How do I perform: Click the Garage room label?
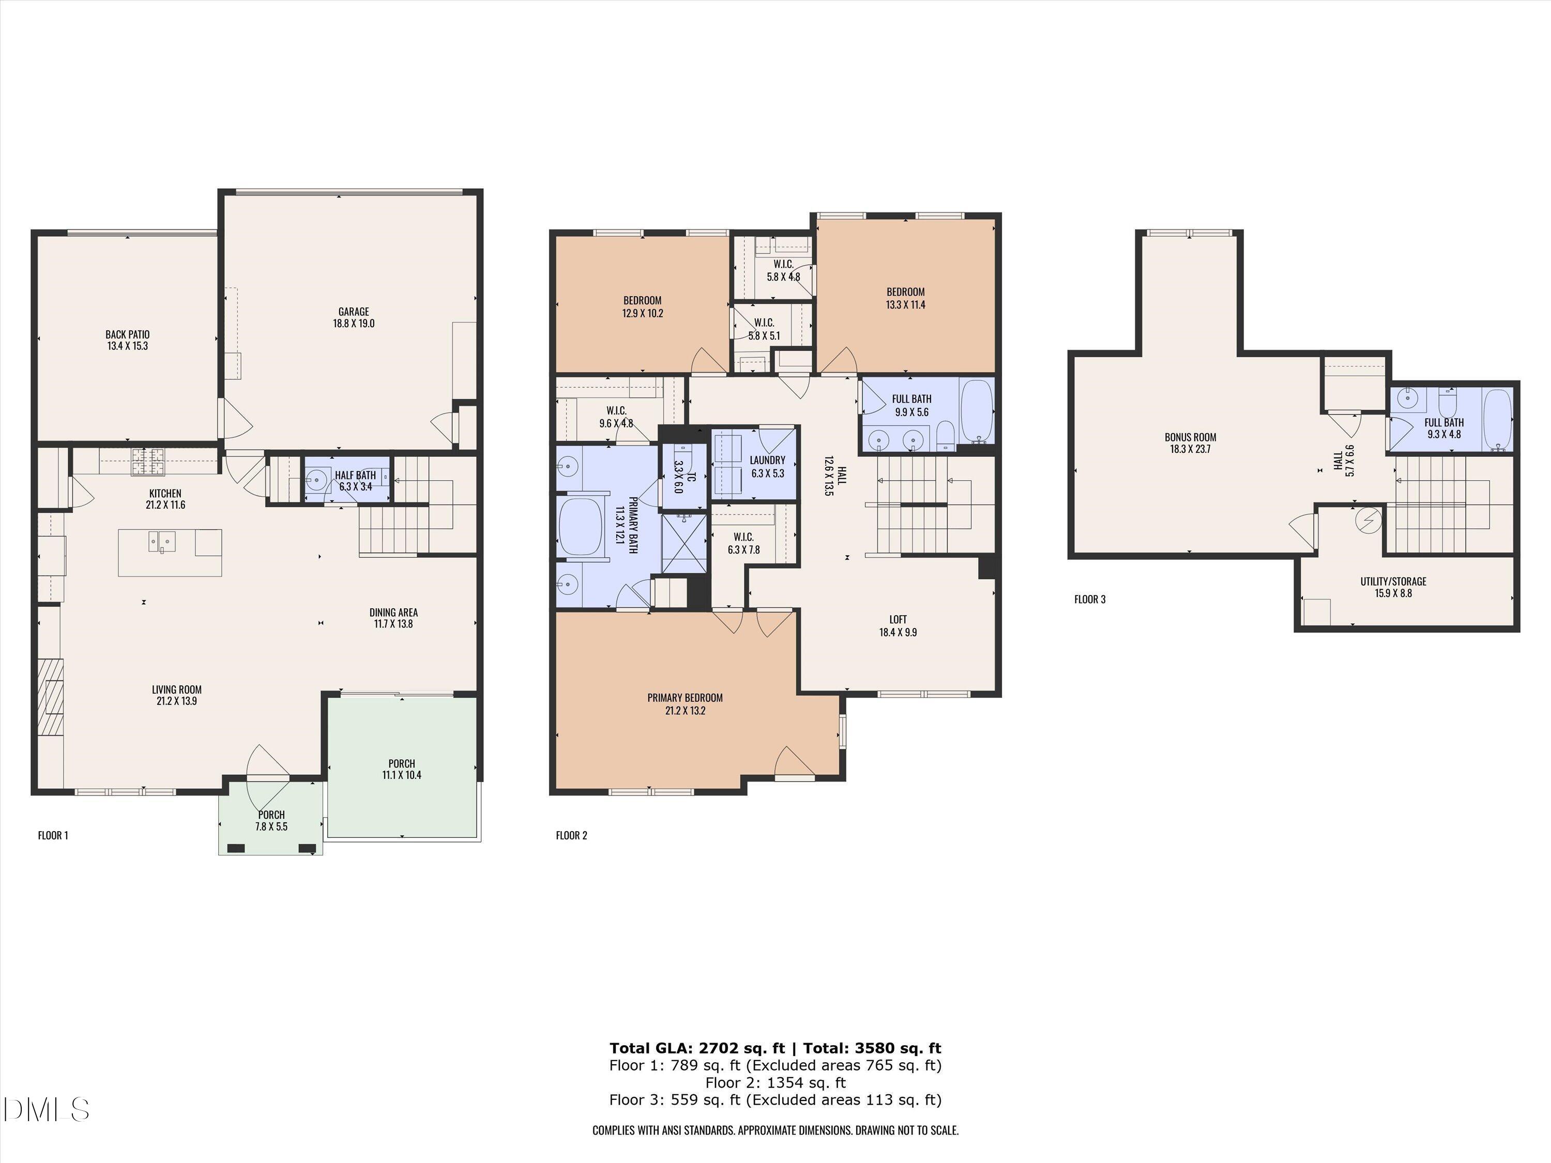pyautogui.click(x=354, y=311)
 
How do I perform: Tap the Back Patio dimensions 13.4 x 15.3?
pyautogui.click(x=128, y=346)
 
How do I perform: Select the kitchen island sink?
pyautogui.click(x=162, y=541)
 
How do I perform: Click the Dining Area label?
pyautogui.click(x=393, y=612)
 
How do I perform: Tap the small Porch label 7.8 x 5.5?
pyautogui.click(x=271, y=821)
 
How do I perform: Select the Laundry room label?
pyautogui.click(x=767, y=460)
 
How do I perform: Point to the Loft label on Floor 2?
pyautogui.click(x=898, y=619)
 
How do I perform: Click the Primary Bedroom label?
pyautogui.click(x=685, y=697)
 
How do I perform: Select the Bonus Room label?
pyautogui.click(x=1190, y=437)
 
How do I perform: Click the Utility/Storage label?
pyautogui.click(x=1392, y=581)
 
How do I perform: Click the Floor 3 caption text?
pyautogui.click(x=1090, y=600)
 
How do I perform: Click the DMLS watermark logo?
pyautogui.click(x=45, y=1110)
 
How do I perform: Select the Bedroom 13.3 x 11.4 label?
pyautogui.click(x=905, y=292)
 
